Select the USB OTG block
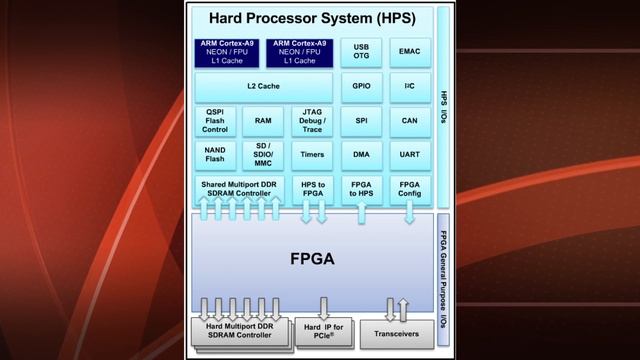coord(361,52)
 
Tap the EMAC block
coord(410,52)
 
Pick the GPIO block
coord(361,87)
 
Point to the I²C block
coord(410,87)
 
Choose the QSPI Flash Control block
coord(215,121)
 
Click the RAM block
coord(263,121)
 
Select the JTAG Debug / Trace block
coord(312,121)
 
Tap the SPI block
coord(361,121)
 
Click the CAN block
coord(410,121)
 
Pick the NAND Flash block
coord(215,155)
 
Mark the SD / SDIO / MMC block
coord(263,155)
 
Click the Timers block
coord(312,155)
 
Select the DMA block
coord(361,155)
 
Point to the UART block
coord(410,155)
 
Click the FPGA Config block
coord(410,189)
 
